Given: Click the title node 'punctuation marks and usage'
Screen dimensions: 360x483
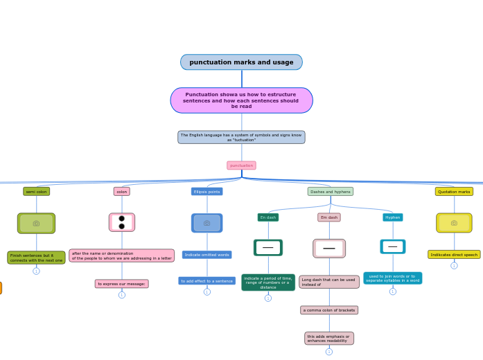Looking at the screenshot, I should coord(241,62).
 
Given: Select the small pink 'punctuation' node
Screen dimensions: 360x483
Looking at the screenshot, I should coord(241,165).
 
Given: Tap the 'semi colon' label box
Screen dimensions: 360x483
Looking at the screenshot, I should coord(36,192).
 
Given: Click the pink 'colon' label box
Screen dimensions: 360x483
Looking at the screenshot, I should coord(121,192).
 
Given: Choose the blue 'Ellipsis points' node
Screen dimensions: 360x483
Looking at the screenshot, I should coord(207,192).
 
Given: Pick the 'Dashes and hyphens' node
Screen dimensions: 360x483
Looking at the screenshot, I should coord(330,192).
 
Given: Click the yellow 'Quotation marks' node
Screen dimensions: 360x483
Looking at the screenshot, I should coord(454,192).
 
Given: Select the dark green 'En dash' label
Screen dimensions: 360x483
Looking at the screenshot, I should coord(267,217).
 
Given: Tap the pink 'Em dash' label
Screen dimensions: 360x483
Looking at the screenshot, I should coord(329,217).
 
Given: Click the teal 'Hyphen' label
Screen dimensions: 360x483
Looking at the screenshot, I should coord(392,217).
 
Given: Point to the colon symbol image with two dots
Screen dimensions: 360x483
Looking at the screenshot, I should coord(121,222).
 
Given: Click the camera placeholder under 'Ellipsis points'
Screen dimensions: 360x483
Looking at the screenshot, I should coord(207,223).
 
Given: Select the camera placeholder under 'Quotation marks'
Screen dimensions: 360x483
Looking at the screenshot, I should coord(454,223).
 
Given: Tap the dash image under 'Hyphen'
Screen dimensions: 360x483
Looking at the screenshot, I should coord(392,246).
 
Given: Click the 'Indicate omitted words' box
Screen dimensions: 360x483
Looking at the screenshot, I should coord(207,255).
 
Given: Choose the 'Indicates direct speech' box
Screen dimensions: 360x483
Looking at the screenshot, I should coord(454,255).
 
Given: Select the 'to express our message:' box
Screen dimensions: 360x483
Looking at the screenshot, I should coord(121,284).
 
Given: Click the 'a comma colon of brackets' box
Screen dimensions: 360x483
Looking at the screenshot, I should coord(329,310).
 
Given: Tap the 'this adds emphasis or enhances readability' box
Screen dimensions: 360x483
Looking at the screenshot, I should coord(329,338).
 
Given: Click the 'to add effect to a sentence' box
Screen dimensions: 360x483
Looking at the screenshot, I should coord(207,281).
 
